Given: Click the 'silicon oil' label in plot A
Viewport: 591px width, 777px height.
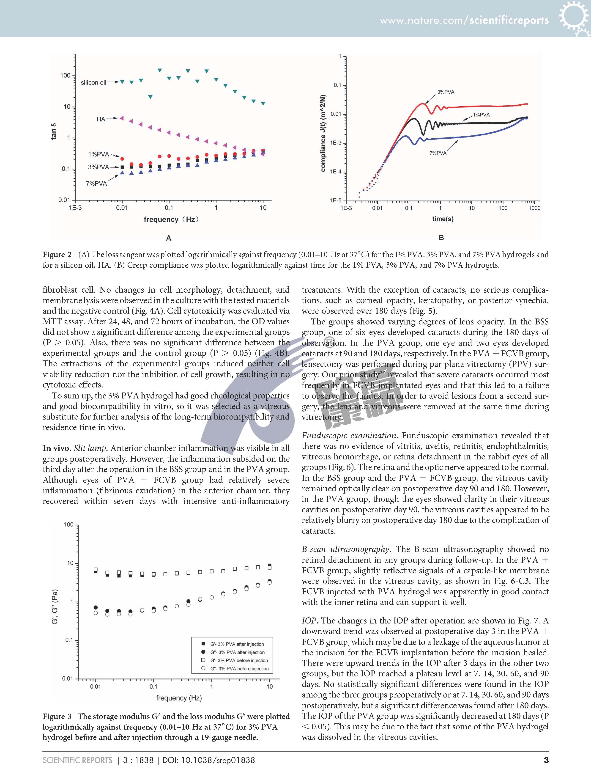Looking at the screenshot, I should click(x=93, y=83).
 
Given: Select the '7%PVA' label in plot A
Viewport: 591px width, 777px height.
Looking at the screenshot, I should click(x=96, y=183).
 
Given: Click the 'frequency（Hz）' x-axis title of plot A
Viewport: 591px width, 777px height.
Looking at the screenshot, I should click(x=171, y=220).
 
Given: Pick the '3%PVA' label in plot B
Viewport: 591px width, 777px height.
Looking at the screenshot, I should click(x=446, y=92).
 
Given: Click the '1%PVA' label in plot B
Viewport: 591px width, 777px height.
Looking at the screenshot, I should click(x=481, y=115).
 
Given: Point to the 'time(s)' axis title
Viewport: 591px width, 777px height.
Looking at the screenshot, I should click(x=443, y=219).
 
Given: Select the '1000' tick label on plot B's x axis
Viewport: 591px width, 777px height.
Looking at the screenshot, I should click(x=534, y=208).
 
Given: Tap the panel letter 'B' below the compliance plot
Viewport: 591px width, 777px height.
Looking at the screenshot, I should click(x=441, y=238).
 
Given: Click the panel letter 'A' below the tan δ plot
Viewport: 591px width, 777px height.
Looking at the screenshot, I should click(x=169, y=238).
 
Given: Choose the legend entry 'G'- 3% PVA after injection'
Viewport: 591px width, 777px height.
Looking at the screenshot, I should click(x=237, y=644).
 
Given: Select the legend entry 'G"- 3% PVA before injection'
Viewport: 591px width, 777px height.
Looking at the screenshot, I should click(x=239, y=669).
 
